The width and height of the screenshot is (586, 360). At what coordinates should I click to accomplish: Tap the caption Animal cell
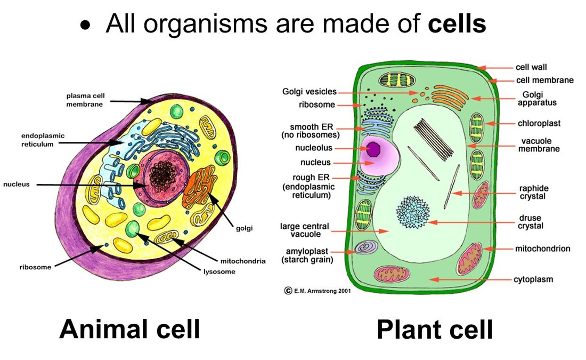129,329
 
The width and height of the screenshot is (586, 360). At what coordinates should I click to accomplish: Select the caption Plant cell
435,330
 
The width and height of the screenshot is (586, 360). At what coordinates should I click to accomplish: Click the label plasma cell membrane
85,100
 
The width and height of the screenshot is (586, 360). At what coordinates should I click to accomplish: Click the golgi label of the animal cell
244,228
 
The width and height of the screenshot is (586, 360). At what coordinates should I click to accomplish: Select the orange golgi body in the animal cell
199,187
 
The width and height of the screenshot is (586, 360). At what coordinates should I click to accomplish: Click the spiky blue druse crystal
413,212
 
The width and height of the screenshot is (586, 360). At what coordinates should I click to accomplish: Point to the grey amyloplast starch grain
365,247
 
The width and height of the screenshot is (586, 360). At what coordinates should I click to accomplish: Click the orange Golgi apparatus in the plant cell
450,97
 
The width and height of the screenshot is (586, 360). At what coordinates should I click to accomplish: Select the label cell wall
531,67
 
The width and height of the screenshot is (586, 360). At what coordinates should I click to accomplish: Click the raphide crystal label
534,193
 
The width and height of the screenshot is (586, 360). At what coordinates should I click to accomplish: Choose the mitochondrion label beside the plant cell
542,249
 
